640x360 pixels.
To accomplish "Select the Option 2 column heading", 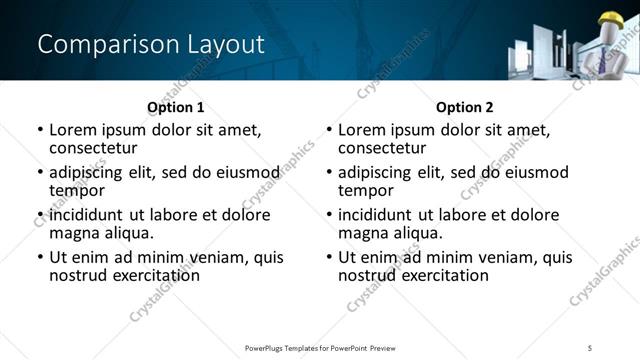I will click(465, 107).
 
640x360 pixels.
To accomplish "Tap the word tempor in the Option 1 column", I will click(77, 190).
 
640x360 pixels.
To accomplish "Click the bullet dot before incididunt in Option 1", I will click(40, 215).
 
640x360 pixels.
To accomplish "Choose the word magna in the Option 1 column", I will click(75, 233).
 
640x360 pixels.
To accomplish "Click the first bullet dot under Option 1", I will click(40, 130).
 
